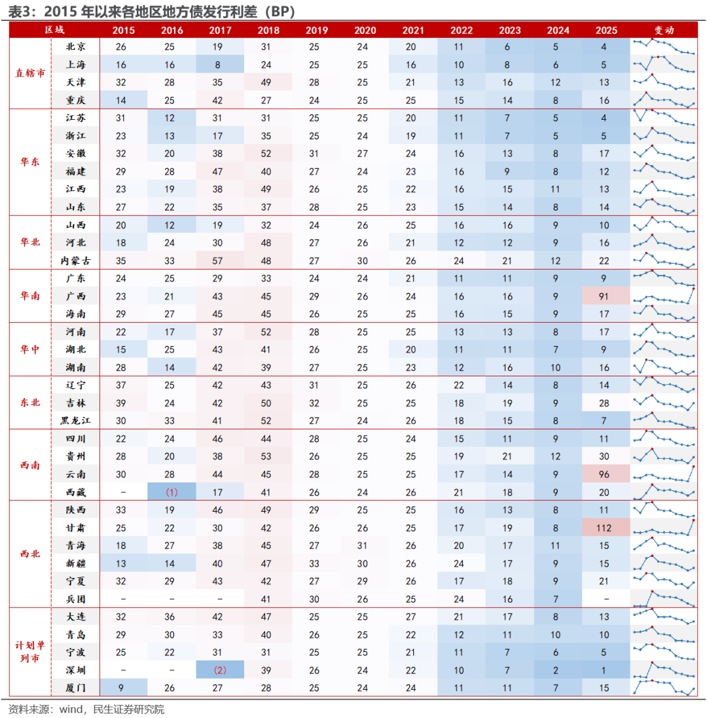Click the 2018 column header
[268, 30]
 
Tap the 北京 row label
[75, 47]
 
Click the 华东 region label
[31, 162]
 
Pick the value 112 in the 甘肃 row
[604, 528]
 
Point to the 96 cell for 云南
[604, 474]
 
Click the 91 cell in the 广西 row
[604, 296]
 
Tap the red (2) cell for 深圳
[220, 670]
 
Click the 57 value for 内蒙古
[220, 260]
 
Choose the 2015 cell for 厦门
[123, 688]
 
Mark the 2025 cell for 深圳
[604, 670]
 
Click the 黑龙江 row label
[75, 421]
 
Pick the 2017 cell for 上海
[220, 65]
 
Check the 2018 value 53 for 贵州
[268, 456]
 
